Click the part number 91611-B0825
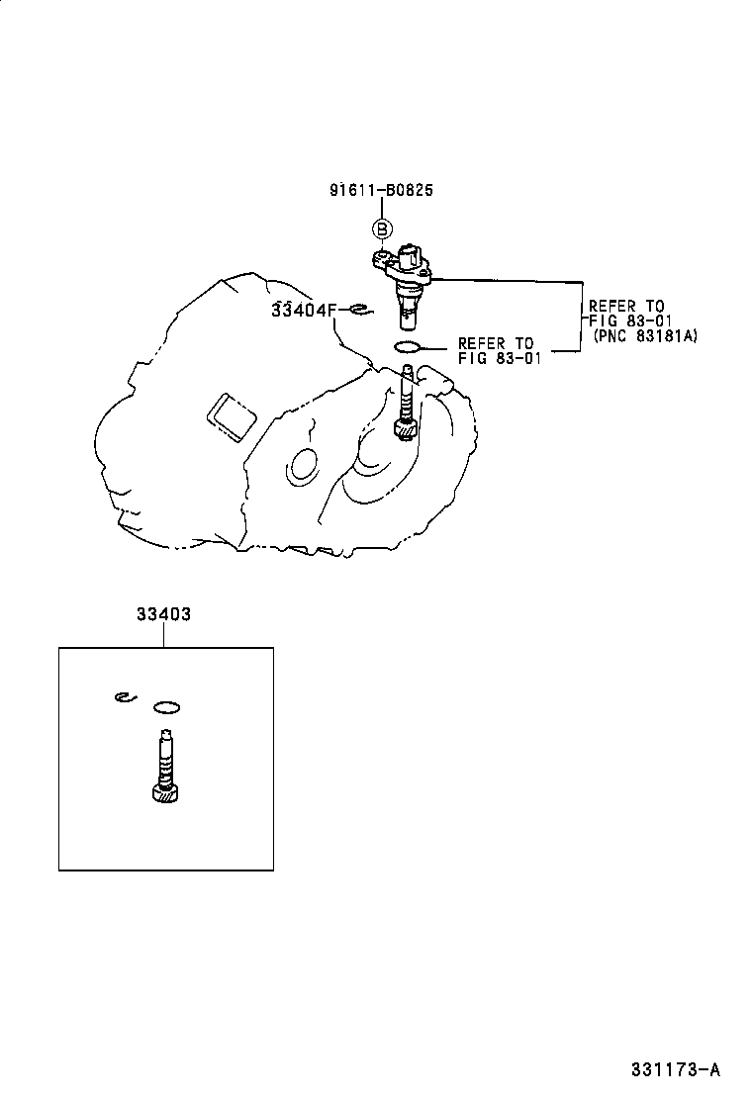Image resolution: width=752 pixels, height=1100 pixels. point(382,189)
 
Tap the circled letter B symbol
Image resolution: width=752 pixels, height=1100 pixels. point(382,229)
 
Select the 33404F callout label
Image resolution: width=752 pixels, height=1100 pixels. point(305,310)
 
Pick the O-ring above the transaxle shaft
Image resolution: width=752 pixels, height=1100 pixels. point(408,346)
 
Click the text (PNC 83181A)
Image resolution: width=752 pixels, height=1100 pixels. point(645,336)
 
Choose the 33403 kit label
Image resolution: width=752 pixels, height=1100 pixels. point(164,614)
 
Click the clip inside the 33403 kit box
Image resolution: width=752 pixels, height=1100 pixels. point(123,697)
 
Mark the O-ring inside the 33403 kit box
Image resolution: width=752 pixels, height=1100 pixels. point(167,707)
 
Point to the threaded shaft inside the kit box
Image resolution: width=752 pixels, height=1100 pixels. point(164,757)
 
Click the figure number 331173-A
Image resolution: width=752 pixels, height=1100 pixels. point(675,1069)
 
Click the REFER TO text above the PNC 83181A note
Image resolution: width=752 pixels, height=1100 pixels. point(626,307)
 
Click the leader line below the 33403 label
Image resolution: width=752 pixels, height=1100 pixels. point(164,635)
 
